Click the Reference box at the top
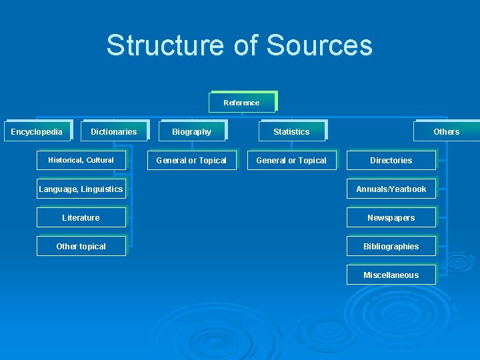[x=241, y=103]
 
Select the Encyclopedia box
[x=37, y=131]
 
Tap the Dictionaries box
[x=113, y=131]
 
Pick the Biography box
[x=191, y=131]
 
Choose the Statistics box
[x=291, y=131]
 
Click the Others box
[x=446, y=131]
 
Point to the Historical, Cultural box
[x=81, y=160]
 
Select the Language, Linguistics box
[x=81, y=189]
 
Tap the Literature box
[x=81, y=217]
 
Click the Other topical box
[x=81, y=246]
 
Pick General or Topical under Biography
[x=191, y=160]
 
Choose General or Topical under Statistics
[x=291, y=160]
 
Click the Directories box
[x=391, y=160]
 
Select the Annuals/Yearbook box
[x=391, y=189]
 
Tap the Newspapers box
[x=391, y=217]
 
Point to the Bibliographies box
[x=391, y=246]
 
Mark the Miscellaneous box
[x=391, y=275]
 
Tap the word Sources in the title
[x=319, y=45]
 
